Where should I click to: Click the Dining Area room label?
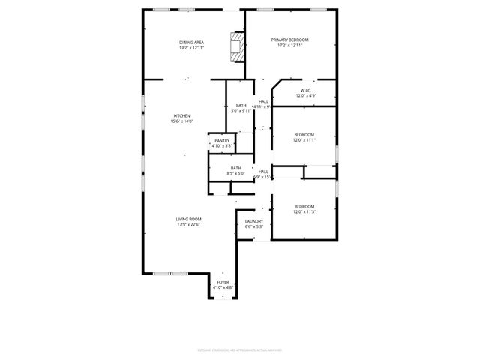192,42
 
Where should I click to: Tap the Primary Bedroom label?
289,40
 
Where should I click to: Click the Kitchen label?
182,115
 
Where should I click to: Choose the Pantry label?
222,140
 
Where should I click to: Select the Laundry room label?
253,221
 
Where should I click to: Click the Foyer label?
223,282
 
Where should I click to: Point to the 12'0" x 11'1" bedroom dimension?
304,140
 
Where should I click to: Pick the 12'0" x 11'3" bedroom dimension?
304,212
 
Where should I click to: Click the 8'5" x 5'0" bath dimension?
236,174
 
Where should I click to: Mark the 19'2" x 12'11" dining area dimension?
192,48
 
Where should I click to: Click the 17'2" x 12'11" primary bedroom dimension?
289,46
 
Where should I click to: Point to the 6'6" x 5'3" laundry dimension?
253,227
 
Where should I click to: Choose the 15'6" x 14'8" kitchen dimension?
182,121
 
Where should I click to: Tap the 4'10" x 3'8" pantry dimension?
222,146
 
